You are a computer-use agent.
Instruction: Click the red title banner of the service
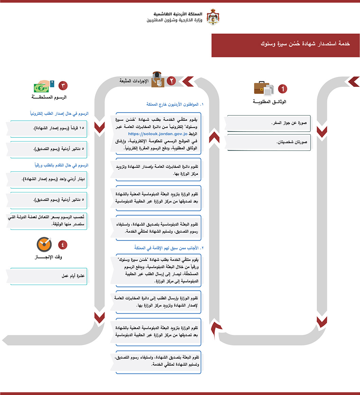(x=285, y=45)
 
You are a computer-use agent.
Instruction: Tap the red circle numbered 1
(x=283, y=89)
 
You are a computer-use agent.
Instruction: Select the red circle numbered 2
(x=172, y=81)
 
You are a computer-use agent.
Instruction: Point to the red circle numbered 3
(x=63, y=86)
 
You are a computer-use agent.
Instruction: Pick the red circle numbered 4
(x=63, y=244)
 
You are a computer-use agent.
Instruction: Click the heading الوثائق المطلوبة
(x=270, y=102)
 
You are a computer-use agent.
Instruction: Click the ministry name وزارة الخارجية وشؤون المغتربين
(x=174, y=20)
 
